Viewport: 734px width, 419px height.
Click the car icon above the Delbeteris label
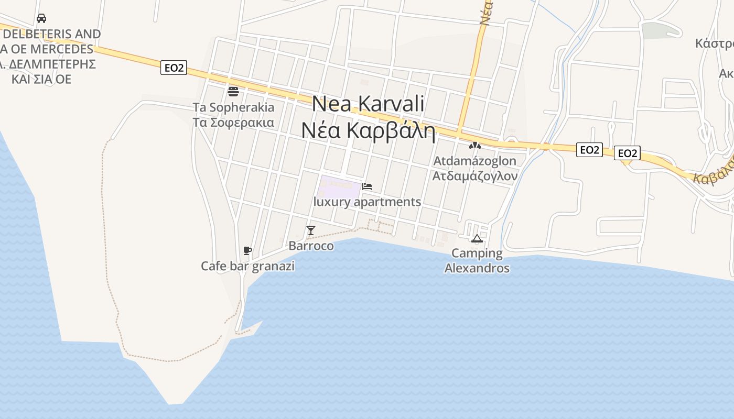pyautogui.click(x=41, y=18)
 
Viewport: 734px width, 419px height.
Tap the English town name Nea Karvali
pyautogui.click(x=368, y=104)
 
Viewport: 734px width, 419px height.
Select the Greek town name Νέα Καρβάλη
pyautogui.click(x=368, y=130)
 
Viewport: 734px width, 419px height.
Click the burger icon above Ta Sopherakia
pyautogui.click(x=233, y=92)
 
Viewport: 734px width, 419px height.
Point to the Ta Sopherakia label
pyautogui.click(x=233, y=107)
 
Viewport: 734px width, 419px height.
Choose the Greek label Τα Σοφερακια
pyautogui.click(x=233, y=123)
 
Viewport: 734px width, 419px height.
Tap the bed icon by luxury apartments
pyautogui.click(x=367, y=186)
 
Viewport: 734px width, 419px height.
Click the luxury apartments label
pyautogui.click(x=367, y=202)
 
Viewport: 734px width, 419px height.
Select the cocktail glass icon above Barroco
pyautogui.click(x=311, y=230)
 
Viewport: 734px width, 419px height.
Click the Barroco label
pyautogui.click(x=311, y=246)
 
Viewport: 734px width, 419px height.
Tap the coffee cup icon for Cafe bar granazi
pyautogui.click(x=247, y=250)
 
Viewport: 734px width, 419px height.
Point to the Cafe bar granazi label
pyautogui.click(x=247, y=266)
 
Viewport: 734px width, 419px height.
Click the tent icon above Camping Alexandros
pyautogui.click(x=477, y=239)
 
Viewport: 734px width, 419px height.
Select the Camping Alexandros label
pyautogui.click(x=477, y=261)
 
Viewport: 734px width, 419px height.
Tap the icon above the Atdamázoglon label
pyautogui.click(x=474, y=146)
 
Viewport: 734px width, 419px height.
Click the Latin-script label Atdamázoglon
pyautogui.click(x=474, y=161)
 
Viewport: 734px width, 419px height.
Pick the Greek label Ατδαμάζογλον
pyautogui.click(x=474, y=176)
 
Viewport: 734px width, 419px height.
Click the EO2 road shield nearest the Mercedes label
pyautogui.click(x=174, y=68)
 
